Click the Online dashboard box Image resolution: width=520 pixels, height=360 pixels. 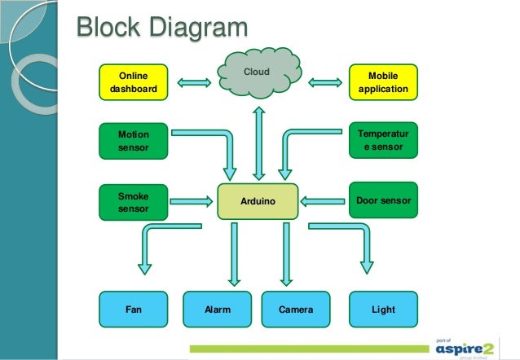coord(134,82)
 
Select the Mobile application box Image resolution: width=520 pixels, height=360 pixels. coord(383,82)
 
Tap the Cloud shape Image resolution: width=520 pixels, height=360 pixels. coord(259,73)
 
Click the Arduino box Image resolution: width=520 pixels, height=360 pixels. coord(258,201)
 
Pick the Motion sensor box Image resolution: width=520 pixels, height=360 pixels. coord(134,141)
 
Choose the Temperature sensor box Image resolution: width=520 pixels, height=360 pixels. coord(383,140)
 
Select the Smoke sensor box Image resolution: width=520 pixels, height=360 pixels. coord(134,202)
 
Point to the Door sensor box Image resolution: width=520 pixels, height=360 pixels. coord(383,200)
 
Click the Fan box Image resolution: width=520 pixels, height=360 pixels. coord(134,310)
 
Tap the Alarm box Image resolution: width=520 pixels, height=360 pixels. coord(218,310)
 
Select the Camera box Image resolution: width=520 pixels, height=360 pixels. coord(296,310)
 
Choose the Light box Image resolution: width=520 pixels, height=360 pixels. coord(383,310)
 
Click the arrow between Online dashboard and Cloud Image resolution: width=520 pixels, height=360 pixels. coord(194,82)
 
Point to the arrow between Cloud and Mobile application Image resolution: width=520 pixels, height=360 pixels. coord(325,82)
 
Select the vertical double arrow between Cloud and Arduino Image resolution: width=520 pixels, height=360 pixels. coord(258,143)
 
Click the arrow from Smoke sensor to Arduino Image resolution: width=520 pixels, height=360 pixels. coord(192,201)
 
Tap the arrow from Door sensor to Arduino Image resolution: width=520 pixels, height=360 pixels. coord(322,201)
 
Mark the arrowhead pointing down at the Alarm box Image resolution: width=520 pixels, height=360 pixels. coord(234,282)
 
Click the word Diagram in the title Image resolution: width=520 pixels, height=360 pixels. coord(199,28)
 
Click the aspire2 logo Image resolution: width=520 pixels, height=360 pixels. coord(465,349)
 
